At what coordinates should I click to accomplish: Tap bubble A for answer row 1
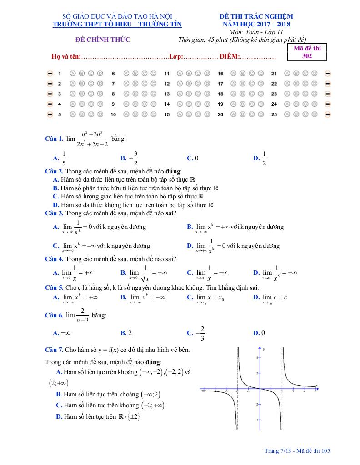(72, 73)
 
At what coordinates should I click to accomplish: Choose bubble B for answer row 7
(135, 84)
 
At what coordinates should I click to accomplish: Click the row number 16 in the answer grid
(220, 73)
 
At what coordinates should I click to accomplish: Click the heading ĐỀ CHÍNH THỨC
(103, 40)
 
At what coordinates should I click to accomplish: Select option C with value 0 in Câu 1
(193, 158)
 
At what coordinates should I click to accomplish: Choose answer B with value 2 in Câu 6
(126, 333)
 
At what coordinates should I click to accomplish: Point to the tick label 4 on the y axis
(257, 358)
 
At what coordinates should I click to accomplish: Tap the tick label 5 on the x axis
(315, 391)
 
